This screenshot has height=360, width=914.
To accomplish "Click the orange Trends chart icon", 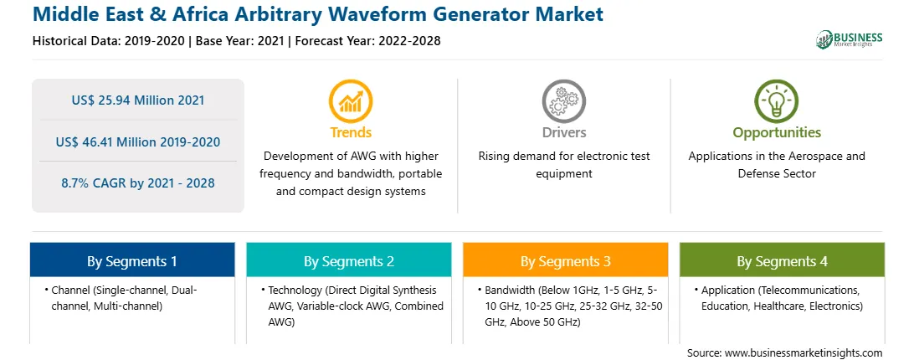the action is [x=351, y=101].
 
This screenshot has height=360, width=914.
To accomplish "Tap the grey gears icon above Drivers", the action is [x=563, y=101].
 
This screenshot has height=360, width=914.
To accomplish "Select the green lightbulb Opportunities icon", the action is [x=777, y=101].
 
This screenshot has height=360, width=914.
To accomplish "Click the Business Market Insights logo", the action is [x=850, y=39].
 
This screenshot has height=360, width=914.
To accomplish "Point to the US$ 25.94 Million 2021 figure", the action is [x=138, y=100].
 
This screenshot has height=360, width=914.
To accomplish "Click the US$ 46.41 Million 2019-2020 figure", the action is [x=138, y=141].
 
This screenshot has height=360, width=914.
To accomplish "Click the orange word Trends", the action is [x=351, y=132].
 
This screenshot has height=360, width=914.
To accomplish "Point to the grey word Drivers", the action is [x=563, y=132].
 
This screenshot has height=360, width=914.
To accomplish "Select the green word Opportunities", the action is [x=777, y=133].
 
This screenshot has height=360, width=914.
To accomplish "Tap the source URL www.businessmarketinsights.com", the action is [x=804, y=352].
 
